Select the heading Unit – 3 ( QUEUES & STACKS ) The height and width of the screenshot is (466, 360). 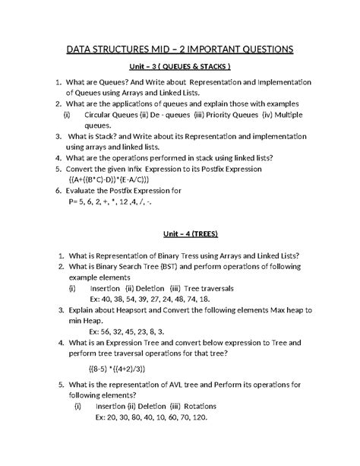coord(179,68)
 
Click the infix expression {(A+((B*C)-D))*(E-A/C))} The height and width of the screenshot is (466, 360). coord(118,179)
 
